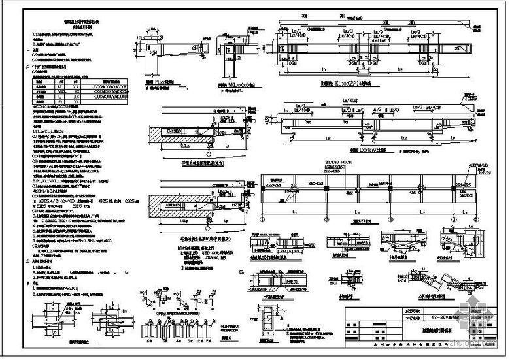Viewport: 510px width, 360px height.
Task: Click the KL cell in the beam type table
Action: click(59, 86)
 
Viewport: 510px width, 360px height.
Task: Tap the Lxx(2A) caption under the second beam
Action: click(345, 150)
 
